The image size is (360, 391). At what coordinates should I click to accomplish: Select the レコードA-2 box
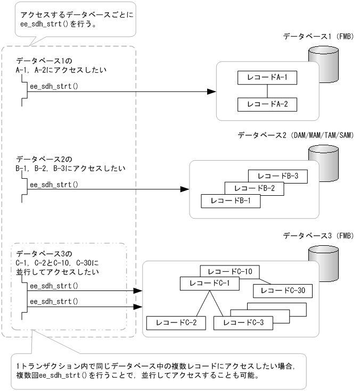(x=267, y=104)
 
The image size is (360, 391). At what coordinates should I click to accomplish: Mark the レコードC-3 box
(x=243, y=322)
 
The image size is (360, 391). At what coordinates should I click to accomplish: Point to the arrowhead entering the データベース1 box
(x=211, y=91)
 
